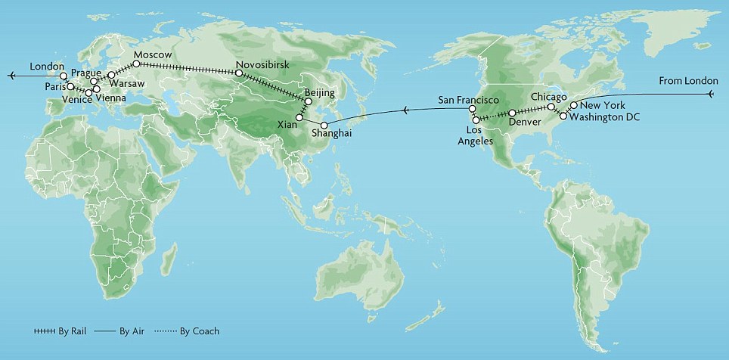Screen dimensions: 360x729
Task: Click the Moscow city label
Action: pos(153,55)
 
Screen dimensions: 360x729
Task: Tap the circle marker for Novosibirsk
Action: pos(239,74)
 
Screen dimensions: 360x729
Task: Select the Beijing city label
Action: pos(319,92)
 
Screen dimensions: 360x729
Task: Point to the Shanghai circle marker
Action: pos(324,125)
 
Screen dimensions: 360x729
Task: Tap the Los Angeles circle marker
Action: pos(476,119)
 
